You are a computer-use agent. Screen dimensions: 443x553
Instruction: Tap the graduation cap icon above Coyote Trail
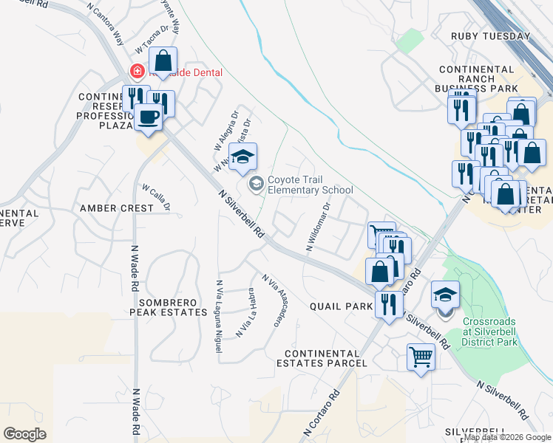tap(242, 157)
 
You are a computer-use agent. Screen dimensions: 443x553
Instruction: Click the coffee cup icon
tap(149, 117)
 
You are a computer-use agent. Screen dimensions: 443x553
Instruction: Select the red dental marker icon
tap(137, 72)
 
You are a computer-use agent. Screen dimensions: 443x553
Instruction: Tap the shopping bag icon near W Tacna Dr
tap(163, 61)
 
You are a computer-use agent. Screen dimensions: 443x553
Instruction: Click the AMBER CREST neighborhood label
tap(117, 208)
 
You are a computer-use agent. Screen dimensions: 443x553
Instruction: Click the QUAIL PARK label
tap(341, 306)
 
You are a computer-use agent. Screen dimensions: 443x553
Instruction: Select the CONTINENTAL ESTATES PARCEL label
tap(322, 358)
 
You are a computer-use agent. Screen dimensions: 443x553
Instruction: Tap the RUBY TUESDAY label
tap(491, 36)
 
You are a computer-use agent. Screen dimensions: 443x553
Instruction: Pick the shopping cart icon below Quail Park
tap(421, 357)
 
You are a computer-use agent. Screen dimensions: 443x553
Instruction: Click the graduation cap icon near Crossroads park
tap(446, 295)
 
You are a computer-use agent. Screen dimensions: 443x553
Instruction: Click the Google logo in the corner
tap(24, 434)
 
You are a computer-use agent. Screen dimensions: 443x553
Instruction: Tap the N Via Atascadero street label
tap(273, 298)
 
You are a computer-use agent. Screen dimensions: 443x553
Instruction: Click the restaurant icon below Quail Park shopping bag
tap(388, 303)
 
